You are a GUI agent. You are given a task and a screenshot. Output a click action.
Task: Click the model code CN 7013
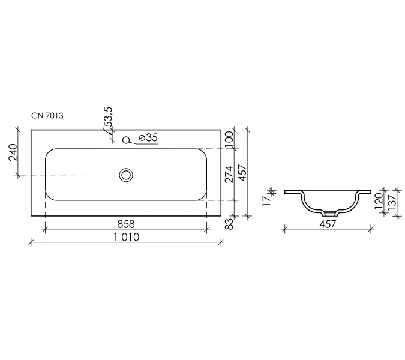point(47,116)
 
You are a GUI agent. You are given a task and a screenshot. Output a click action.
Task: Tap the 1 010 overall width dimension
point(127,237)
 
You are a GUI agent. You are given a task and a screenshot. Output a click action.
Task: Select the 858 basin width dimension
point(126,224)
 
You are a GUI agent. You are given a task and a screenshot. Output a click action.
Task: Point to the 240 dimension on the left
point(13,152)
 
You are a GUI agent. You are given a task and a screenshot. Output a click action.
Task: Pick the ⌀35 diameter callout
point(148,137)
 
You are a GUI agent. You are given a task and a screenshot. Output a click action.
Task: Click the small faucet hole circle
point(126,140)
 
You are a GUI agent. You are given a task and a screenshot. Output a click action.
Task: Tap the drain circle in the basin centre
point(126,175)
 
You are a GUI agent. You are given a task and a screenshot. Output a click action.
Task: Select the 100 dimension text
point(229,139)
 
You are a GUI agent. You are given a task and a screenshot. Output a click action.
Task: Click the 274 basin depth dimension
point(229,175)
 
